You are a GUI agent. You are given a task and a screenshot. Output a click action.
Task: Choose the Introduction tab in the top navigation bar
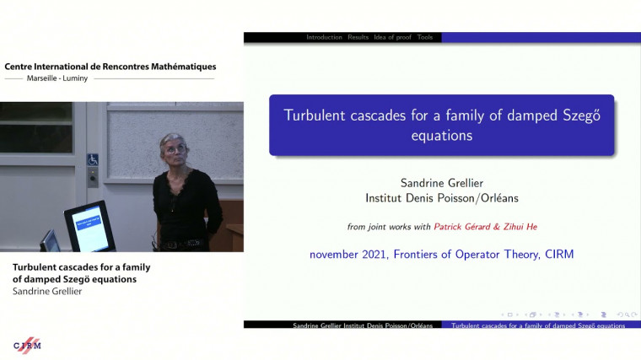point(324,37)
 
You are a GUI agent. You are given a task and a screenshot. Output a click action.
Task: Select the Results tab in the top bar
point(358,37)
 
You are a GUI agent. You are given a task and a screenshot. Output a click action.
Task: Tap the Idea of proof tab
point(392,37)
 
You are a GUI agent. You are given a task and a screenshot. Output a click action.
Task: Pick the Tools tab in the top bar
point(425,37)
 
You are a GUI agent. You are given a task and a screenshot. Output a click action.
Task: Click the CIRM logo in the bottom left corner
point(27,345)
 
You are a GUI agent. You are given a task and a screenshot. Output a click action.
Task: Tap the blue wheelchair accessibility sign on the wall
point(93,159)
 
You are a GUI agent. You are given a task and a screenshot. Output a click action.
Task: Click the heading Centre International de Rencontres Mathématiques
point(110,66)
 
